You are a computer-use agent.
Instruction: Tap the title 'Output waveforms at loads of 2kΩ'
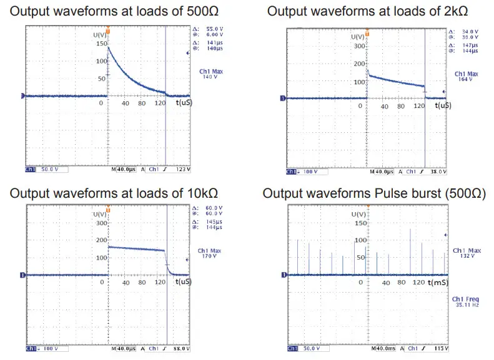click(x=367, y=12)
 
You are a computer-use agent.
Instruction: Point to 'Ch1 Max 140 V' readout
click(x=211, y=74)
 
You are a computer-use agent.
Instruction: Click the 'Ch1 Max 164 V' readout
click(x=466, y=77)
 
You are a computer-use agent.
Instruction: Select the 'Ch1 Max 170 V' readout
click(x=211, y=253)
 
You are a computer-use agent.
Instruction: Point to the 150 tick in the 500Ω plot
click(x=98, y=44)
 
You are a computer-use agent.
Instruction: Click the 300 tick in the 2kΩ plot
click(x=358, y=46)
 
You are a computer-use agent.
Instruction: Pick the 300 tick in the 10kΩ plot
click(x=101, y=223)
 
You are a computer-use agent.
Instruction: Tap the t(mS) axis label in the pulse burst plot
click(x=437, y=283)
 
